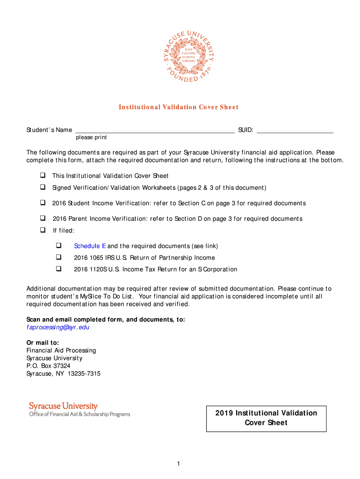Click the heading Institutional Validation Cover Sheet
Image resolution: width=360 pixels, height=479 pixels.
[178, 107]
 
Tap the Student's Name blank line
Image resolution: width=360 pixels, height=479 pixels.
[155, 131]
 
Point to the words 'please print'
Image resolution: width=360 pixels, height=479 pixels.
[91, 138]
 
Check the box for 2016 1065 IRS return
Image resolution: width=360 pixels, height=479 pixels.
[59, 257]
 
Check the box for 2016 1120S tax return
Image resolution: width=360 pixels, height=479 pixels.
[59, 269]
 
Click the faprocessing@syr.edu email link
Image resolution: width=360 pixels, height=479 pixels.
[58, 327]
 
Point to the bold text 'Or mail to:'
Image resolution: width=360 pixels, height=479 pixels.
[43, 342]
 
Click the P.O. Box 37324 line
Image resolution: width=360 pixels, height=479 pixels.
[48, 366]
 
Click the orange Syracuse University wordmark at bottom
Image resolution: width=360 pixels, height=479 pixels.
[63, 406]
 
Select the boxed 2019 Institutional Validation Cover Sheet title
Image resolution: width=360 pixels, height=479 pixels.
[266, 418]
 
